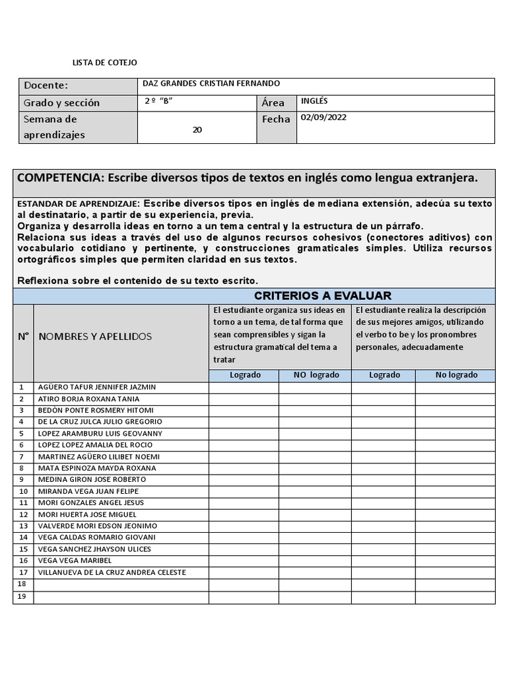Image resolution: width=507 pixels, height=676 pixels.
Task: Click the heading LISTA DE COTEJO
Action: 104,63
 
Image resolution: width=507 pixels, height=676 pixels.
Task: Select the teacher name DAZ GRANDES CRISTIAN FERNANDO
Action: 211,84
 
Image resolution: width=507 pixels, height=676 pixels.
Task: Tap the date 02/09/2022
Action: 323,118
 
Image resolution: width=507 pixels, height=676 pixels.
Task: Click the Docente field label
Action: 46,86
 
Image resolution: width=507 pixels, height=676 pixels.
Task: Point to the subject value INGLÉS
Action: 314,101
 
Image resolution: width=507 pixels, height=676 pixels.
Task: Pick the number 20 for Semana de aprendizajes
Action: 197,130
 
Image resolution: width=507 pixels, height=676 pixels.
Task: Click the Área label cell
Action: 273,103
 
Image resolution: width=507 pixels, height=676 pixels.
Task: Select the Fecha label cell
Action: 275,119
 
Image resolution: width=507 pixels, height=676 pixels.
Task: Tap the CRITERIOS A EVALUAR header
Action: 322,296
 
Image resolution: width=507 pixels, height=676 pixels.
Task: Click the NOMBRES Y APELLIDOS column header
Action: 95,337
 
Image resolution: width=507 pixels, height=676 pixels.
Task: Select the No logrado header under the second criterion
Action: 456,375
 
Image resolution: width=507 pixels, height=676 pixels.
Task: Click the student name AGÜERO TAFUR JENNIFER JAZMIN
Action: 97,388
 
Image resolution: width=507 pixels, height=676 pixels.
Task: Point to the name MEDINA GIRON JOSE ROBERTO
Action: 92,480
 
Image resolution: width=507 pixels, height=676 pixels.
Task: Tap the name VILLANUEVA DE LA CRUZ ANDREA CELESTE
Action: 112,572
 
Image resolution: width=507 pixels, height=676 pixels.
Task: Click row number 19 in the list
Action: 22,596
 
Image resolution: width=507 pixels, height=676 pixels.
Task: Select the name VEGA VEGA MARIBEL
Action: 75,560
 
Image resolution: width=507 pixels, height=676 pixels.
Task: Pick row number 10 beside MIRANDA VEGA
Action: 23,491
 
